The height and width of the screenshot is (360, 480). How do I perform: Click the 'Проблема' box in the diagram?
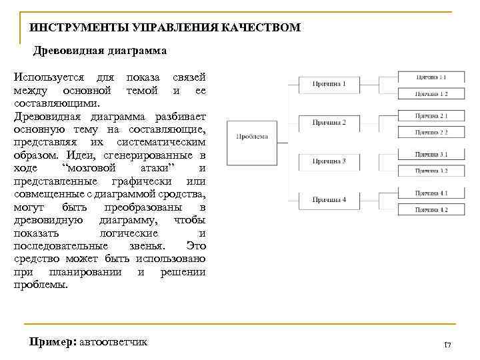pos(252,141)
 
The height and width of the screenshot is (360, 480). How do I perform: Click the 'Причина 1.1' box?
pos(431,77)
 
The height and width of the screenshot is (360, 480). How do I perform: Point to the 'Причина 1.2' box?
pos(431,94)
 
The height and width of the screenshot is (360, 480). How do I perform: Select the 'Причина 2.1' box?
pos(431,116)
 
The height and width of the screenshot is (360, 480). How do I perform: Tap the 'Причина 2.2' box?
pos(431,132)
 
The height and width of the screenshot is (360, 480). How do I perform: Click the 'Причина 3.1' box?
pos(431,155)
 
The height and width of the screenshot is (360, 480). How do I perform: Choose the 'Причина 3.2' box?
pos(431,171)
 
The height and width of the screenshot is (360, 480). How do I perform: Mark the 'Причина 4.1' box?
pos(431,193)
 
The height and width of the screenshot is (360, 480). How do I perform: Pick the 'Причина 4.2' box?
pos(431,210)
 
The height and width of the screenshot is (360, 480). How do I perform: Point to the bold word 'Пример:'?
pos(53,342)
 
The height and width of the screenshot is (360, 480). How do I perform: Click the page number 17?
pos(447,345)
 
